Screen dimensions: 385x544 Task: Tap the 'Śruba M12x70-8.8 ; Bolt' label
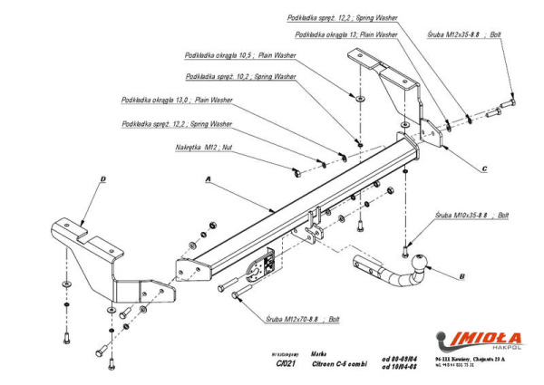(x=304, y=319)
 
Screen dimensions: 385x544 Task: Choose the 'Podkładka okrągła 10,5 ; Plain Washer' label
(x=239, y=54)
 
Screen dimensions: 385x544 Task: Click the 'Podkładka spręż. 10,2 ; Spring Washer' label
(x=240, y=77)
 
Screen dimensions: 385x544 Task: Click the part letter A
(x=209, y=179)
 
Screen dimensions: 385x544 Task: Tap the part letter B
(x=461, y=274)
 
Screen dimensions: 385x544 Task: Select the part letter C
(x=484, y=168)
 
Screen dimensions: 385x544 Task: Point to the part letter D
(x=102, y=179)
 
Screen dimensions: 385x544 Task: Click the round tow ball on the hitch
(x=419, y=264)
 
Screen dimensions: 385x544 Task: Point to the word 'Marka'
(x=317, y=355)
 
